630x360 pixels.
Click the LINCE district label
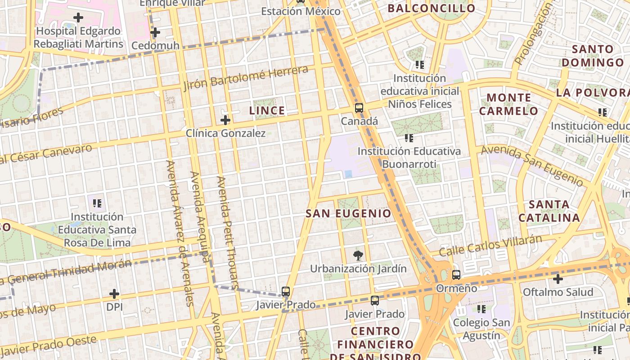[x=267, y=111]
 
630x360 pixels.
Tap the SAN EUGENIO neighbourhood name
[x=348, y=213]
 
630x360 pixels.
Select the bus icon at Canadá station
[x=359, y=108]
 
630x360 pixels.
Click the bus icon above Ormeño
[x=456, y=274]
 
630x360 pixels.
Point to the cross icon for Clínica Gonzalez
[x=225, y=120]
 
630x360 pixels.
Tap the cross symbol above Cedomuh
[x=155, y=32]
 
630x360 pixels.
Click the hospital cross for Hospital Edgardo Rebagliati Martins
[x=78, y=18]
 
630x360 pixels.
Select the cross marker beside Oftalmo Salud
[x=558, y=279]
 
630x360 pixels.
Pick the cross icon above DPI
[x=114, y=294]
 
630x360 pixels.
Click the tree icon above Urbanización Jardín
[x=358, y=256]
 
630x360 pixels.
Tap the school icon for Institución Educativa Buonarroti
[x=409, y=138]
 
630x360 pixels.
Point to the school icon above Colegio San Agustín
[x=481, y=309]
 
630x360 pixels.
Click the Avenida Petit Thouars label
[x=228, y=232]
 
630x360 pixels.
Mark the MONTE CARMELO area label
[x=508, y=104]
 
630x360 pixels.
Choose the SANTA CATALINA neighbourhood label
[x=549, y=211]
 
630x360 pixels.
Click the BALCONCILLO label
[x=432, y=9]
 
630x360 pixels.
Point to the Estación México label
[x=301, y=11]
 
